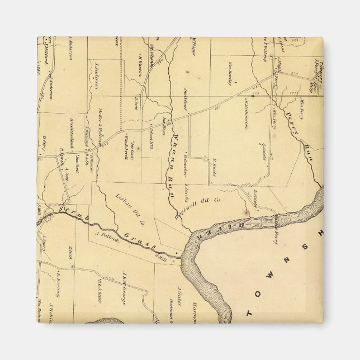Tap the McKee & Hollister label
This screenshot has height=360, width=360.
tap(98, 127)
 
